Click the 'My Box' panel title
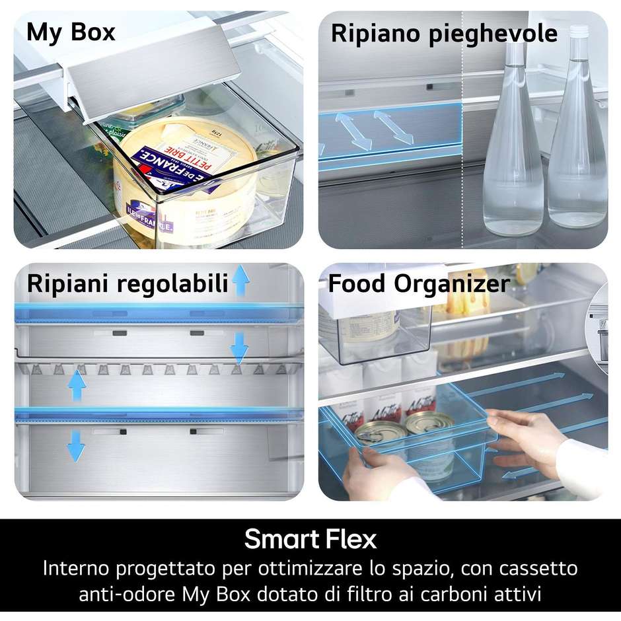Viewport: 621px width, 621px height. (71, 32)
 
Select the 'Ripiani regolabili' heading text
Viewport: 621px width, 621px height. (127, 283)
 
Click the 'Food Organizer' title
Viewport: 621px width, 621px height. (419, 283)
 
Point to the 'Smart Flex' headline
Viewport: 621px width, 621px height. (310, 539)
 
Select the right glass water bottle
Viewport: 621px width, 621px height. (577, 139)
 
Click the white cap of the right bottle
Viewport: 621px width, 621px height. (579, 31)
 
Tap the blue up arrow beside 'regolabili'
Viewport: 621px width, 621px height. (240, 280)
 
